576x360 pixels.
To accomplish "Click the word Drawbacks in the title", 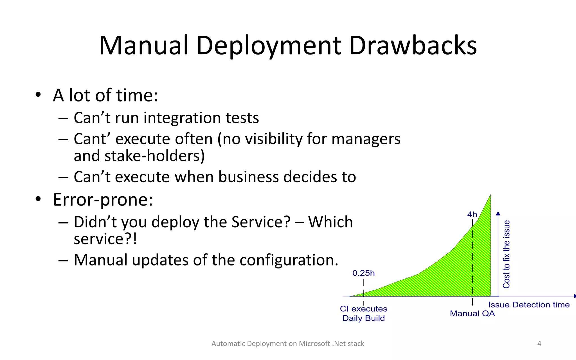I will [x=413, y=46].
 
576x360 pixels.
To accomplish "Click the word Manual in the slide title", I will [x=143, y=46].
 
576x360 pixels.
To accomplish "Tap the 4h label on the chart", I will [x=472, y=215].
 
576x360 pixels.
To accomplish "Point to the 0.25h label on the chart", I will [x=363, y=273].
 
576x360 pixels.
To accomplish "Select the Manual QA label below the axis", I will [x=472, y=314].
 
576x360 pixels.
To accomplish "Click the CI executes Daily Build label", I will [x=363, y=313].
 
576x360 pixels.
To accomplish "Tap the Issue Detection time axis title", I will [x=529, y=305].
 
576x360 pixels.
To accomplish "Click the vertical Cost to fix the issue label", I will [x=506, y=254].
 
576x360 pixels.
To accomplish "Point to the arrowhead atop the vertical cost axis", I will [x=498, y=213].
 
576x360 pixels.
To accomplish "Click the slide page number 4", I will [x=539, y=343].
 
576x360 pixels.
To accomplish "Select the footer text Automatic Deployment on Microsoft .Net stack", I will [x=288, y=343].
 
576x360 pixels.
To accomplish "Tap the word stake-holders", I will [x=154, y=156].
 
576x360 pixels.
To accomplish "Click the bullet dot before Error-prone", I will [x=38, y=199].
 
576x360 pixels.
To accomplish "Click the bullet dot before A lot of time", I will [x=38, y=95].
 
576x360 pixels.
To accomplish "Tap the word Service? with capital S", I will [x=261, y=222].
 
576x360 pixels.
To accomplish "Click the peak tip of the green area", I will [x=490, y=195].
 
